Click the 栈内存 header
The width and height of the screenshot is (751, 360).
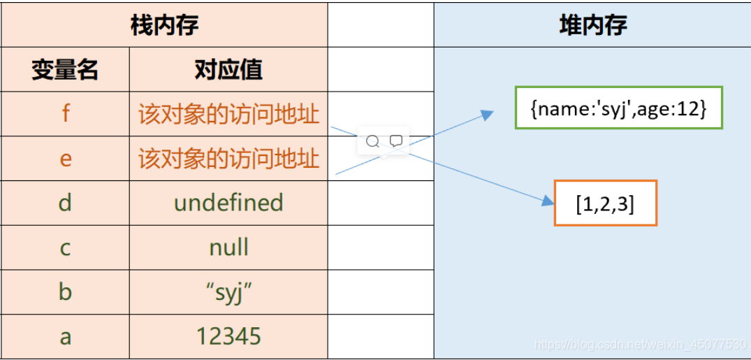pyautogui.click(x=164, y=25)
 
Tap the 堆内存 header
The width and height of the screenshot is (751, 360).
pyautogui.click(x=592, y=25)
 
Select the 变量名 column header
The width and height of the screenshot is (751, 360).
pyautogui.click(x=65, y=70)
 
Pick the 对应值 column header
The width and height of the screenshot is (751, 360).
pyautogui.click(x=228, y=70)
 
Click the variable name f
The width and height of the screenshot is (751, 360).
pyautogui.click(x=65, y=114)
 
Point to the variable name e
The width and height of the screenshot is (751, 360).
pyautogui.click(x=65, y=159)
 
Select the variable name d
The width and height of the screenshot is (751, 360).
pyautogui.click(x=65, y=203)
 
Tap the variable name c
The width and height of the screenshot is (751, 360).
pyautogui.click(x=65, y=247)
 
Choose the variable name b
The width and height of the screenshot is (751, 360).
pyautogui.click(x=65, y=292)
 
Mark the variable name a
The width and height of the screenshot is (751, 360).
pyautogui.click(x=65, y=336)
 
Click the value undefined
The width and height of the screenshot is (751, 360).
pyautogui.click(x=228, y=203)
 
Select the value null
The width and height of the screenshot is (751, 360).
pyautogui.click(x=228, y=247)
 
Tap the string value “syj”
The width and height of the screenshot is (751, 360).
pyautogui.click(x=228, y=292)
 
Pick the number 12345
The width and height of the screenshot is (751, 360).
pyautogui.click(x=228, y=336)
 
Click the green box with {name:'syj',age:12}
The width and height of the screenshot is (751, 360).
pyautogui.click(x=618, y=108)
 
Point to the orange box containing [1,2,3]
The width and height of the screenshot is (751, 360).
pyautogui.click(x=605, y=203)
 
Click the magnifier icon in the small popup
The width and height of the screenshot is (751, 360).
pyautogui.click(x=372, y=141)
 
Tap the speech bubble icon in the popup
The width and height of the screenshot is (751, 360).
pyautogui.click(x=395, y=141)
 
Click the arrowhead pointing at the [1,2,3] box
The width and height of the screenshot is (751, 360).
pyautogui.click(x=548, y=201)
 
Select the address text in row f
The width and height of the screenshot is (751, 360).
pyautogui.click(x=228, y=114)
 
